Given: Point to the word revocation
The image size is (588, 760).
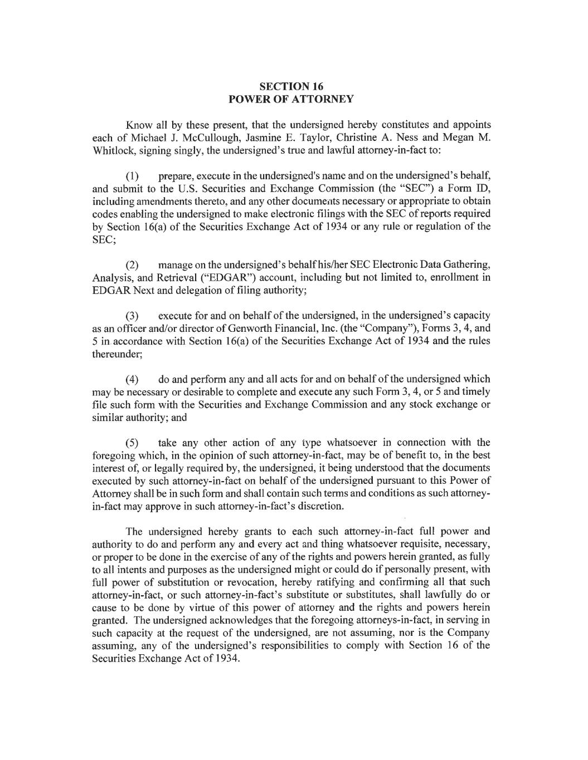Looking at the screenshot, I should (254, 582).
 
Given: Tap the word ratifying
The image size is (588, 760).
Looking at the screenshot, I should (320, 582).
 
